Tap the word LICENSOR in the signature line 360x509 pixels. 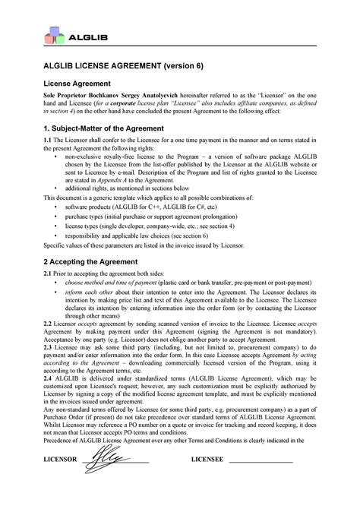point(62,482)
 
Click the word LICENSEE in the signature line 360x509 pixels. point(207,482)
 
